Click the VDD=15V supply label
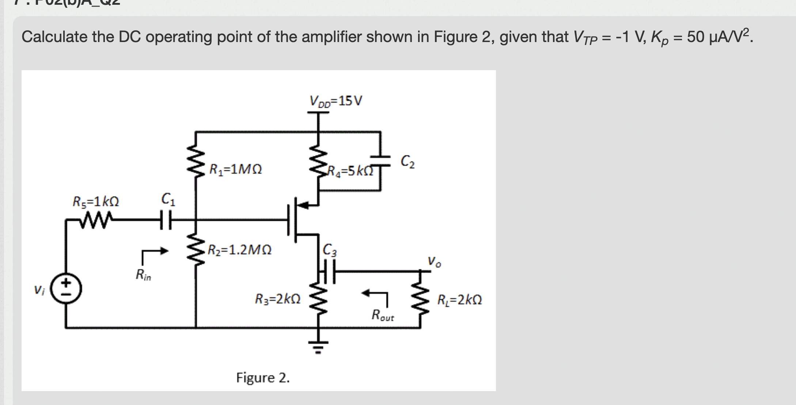tap(336, 101)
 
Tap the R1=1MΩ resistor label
tap(235, 170)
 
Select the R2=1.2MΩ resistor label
tap(240, 250)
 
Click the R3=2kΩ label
tap(278, 299)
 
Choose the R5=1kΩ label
tap(96, 201)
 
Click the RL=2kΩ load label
tap(459, 300)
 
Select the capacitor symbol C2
tap(380, 161)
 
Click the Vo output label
tap(434, 262)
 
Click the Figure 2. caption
tap(263, 378)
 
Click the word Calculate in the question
tap(55, 37)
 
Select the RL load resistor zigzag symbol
tap(420, 300)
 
